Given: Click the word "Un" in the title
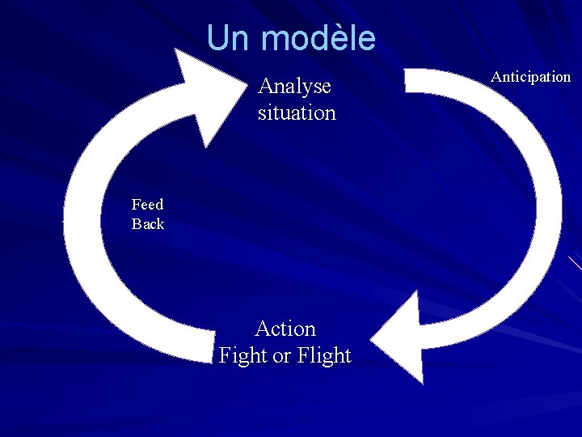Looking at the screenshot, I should pos(230,38).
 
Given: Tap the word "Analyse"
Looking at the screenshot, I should pos(294,87).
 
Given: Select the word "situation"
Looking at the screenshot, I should pos(297,112).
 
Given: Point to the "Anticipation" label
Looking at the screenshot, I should pos(530,77).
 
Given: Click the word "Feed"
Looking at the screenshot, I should pos(147,205).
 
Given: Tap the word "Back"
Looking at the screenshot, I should pos(148,224).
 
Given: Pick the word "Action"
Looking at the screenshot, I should pos(285,329).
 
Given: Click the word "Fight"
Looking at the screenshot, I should pos(244,355).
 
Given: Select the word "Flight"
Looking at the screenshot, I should pos(324,355).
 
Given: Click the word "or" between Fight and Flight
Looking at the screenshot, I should pos(283,356).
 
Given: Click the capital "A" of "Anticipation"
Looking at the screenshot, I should pos(496,77).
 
